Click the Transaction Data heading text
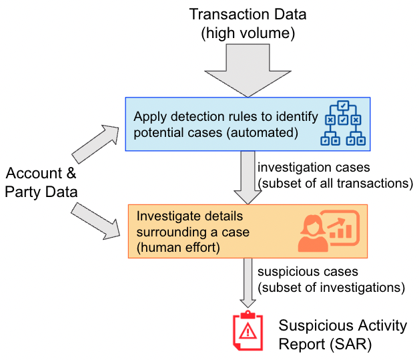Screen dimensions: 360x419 [x=249, y=13]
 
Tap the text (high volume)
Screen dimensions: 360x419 [x=249, y=31]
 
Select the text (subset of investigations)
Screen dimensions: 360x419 [x=331, y=288]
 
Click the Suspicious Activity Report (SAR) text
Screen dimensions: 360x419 [x=342, y=335]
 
